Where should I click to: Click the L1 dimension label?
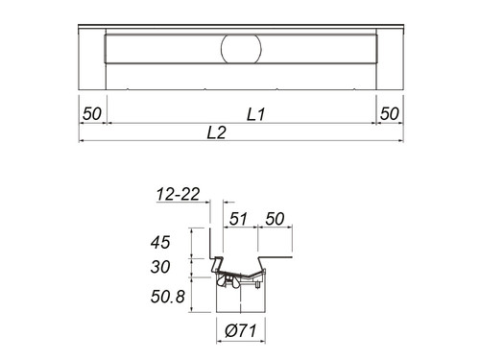tap(256, 114)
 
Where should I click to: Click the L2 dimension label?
tap(217, 132)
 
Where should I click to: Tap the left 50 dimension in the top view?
tap(92, 113)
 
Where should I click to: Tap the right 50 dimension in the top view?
tap(390, 113)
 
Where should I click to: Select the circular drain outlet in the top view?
tap(241, 49)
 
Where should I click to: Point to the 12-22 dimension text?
tap(178, 194)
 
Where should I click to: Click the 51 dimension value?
tap(238, 219)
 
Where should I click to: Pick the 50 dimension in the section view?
tap(275, 219)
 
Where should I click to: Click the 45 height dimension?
tap(160, 242)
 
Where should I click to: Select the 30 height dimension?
tap(160, 267)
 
